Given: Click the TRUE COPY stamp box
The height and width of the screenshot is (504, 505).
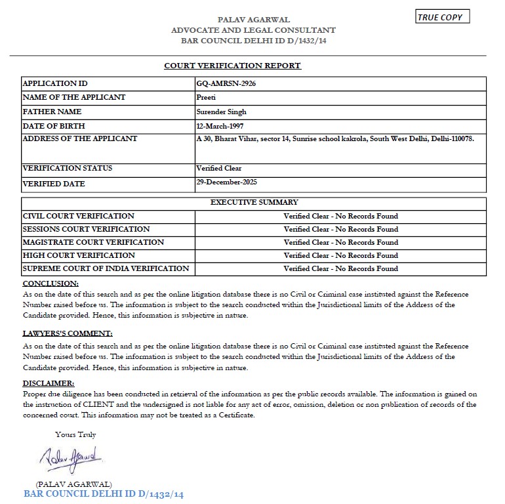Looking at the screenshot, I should pos(443,17).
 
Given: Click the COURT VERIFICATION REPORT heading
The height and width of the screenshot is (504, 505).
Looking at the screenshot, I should pos(232,66).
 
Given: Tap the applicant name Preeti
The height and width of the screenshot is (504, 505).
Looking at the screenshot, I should pos(206,97).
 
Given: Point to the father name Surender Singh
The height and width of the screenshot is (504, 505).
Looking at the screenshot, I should pos(221,112).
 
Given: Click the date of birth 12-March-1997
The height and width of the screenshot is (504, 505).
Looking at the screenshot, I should pos(223,125).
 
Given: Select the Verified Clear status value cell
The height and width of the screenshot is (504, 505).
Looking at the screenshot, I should pos(219,168).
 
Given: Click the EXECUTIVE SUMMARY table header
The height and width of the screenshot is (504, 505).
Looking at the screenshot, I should pos(254,202).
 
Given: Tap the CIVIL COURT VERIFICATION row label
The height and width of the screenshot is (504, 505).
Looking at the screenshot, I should pos(79,216).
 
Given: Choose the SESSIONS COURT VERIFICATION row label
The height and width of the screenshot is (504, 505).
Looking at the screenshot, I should pos(86,229).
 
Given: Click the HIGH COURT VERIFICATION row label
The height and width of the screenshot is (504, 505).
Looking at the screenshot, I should pos(79,255).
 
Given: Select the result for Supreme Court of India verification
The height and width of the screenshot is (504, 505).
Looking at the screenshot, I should pos(340,268).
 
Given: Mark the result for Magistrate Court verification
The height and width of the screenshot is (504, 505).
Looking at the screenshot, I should pos(340,242).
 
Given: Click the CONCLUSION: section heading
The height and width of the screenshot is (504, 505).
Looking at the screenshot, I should pos(51,283).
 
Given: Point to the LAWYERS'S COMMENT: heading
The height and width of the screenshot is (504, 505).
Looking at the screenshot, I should pos(68,333).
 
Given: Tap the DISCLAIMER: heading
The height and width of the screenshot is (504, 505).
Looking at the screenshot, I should pos(49,383).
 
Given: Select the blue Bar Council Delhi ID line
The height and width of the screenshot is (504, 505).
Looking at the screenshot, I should pos(104,493).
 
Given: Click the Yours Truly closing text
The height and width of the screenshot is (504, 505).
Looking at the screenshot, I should pos(75,434).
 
